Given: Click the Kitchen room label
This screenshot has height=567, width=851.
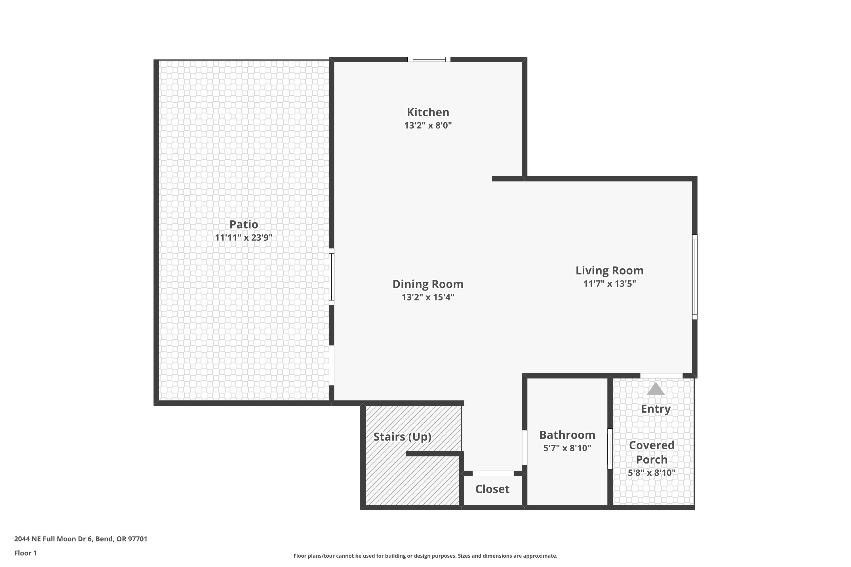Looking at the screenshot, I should click(428, 113).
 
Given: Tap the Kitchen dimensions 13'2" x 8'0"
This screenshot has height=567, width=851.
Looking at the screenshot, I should click(428, 126).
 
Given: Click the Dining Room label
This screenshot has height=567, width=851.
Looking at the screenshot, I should click(428, 284).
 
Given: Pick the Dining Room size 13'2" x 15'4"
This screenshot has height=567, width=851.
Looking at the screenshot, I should click(428, 297).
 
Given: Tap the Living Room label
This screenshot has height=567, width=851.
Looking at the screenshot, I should click(609, 270).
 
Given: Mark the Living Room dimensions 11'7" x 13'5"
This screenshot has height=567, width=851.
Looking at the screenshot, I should click(609, 283).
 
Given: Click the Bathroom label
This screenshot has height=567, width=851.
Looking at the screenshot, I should click(567, 435).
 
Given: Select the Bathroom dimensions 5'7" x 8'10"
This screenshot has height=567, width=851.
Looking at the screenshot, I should click(567, 448).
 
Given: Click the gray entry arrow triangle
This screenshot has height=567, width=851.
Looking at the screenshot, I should click(655, 390).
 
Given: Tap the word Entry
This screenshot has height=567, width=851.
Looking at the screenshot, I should click(655, 409).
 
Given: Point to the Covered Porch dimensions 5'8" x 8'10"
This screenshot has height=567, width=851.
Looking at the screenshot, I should click(651, 473).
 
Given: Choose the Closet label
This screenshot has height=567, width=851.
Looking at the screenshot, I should click(492, 489).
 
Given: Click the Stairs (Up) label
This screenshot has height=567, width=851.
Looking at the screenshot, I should click(402, 437).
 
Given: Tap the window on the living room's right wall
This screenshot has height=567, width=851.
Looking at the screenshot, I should click(694, 277).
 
